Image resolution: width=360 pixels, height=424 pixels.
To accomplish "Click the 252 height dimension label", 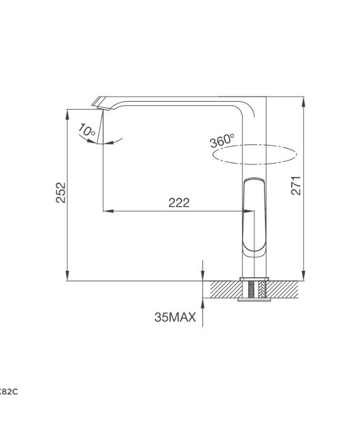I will pyautogui.click(x=61, y=193).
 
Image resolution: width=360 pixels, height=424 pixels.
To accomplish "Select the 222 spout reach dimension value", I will pyautogui.click(x=178, y=203).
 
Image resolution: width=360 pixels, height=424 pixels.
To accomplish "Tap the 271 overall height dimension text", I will pyautogui.click(x=296, y=185).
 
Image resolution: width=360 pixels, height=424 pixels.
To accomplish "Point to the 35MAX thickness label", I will pyautogui.click(x=175, y=317).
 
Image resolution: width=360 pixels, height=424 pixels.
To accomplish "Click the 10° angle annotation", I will pyautogui.click(x=87, y=130).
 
